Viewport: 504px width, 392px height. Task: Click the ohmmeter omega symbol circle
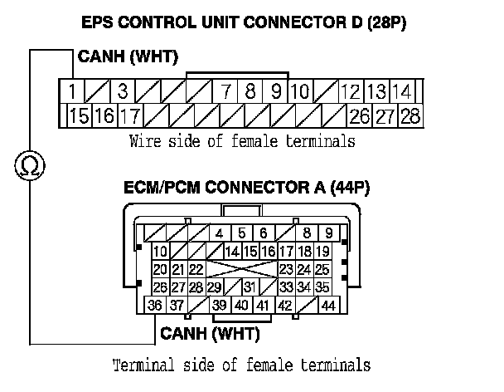click(31, 168)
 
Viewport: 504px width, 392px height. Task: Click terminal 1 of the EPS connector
click(74, 91)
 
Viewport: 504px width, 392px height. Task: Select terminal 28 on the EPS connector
click(409, 116)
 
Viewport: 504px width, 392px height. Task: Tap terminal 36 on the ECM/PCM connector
click(155, 306)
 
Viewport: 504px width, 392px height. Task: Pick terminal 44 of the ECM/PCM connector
click(328, 306)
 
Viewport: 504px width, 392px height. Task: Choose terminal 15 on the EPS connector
click(79, 116)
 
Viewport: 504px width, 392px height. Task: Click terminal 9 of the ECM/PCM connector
click(329, 233)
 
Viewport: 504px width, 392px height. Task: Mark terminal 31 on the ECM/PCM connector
click(248, 287)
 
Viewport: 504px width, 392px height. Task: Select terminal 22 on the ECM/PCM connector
click(196, 269)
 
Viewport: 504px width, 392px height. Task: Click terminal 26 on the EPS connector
click(360, 116)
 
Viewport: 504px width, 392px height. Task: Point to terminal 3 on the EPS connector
click(121, 91)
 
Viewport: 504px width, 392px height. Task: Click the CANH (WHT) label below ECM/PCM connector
click(210, 335)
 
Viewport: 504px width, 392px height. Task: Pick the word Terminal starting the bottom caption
click(138, 365)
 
